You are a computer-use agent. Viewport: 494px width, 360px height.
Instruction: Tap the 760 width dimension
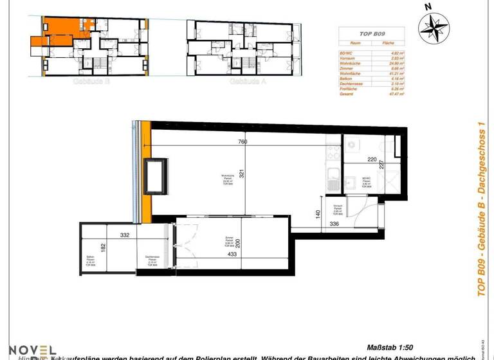coord(242,142)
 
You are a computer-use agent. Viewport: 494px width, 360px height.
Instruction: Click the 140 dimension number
coord(318,214)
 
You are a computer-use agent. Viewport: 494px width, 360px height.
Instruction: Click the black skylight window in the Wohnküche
coord(157,177)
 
